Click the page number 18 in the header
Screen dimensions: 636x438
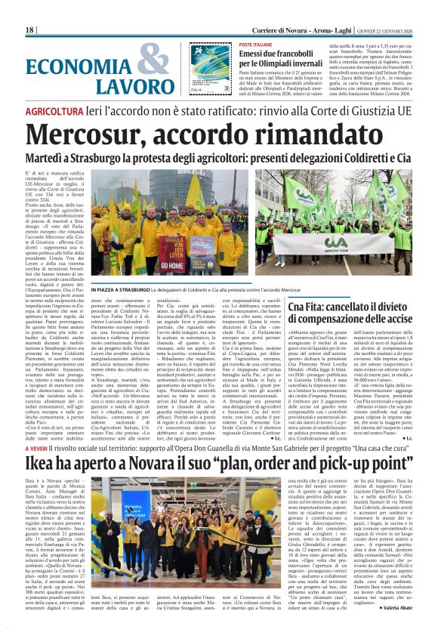tap(30, 29)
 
